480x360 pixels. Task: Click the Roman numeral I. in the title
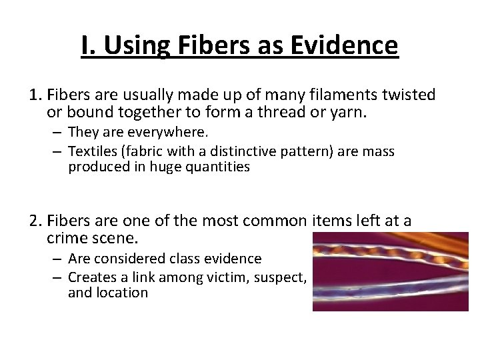89,46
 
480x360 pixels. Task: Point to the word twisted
405,95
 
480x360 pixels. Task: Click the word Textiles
93,151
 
